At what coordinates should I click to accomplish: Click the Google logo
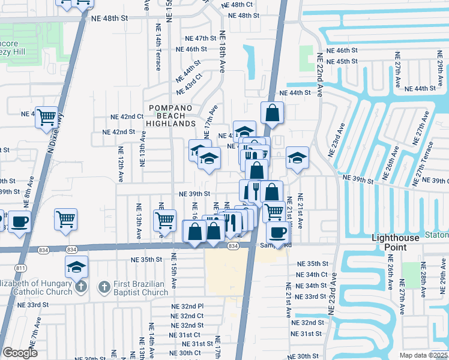[20, 353]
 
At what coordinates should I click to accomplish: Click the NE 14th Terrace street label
[158, 52]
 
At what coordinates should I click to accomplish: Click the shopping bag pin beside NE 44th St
[272, 113]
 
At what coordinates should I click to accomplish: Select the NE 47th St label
[192, 38]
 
